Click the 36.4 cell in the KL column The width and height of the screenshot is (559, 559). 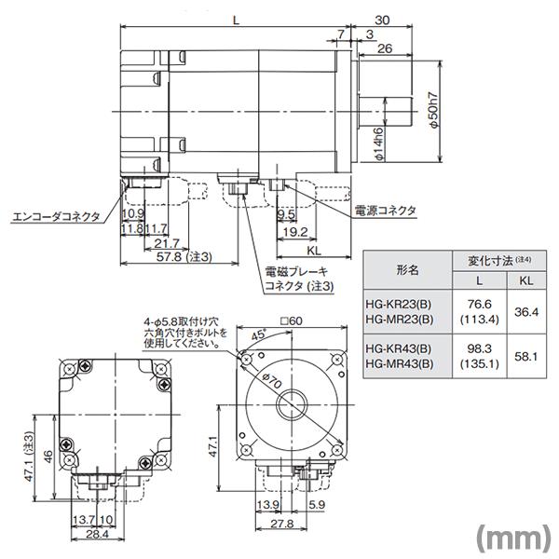coord(526,311)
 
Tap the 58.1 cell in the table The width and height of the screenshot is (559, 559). coord(526,356)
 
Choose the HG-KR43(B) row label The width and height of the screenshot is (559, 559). coord(399,348)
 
